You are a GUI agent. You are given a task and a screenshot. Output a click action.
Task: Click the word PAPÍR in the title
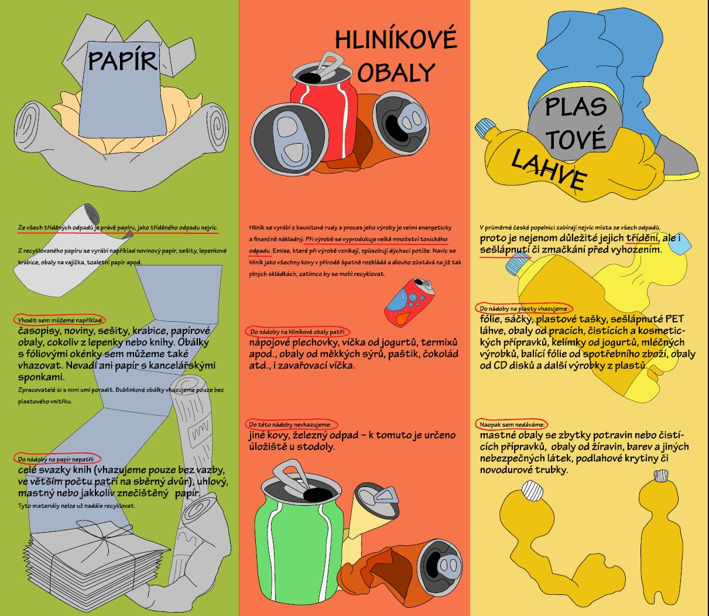[123, 60]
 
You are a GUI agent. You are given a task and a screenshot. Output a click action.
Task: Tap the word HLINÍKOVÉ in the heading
[396, 40]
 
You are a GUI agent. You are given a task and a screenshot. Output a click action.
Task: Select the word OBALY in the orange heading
[396, 73]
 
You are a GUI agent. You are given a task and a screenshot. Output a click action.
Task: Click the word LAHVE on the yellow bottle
[549, 171]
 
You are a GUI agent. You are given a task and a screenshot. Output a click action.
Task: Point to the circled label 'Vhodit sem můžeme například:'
[60, 320]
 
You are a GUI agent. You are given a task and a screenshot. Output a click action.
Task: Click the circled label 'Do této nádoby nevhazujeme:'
[291, 424]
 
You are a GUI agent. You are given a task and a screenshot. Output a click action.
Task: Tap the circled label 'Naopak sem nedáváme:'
[512, 424]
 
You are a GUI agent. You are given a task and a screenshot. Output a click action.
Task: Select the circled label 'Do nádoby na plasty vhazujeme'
[525, 308]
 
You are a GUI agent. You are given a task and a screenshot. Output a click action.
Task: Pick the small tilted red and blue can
[409, 300]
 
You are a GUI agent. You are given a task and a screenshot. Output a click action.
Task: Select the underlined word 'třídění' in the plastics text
[642, 238]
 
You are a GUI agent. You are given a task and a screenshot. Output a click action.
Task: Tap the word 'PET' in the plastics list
[673, 318]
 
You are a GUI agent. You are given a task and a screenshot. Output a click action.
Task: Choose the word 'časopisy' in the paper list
[39, 331]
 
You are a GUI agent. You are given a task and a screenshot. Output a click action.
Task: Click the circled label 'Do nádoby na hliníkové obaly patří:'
[297, 332]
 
